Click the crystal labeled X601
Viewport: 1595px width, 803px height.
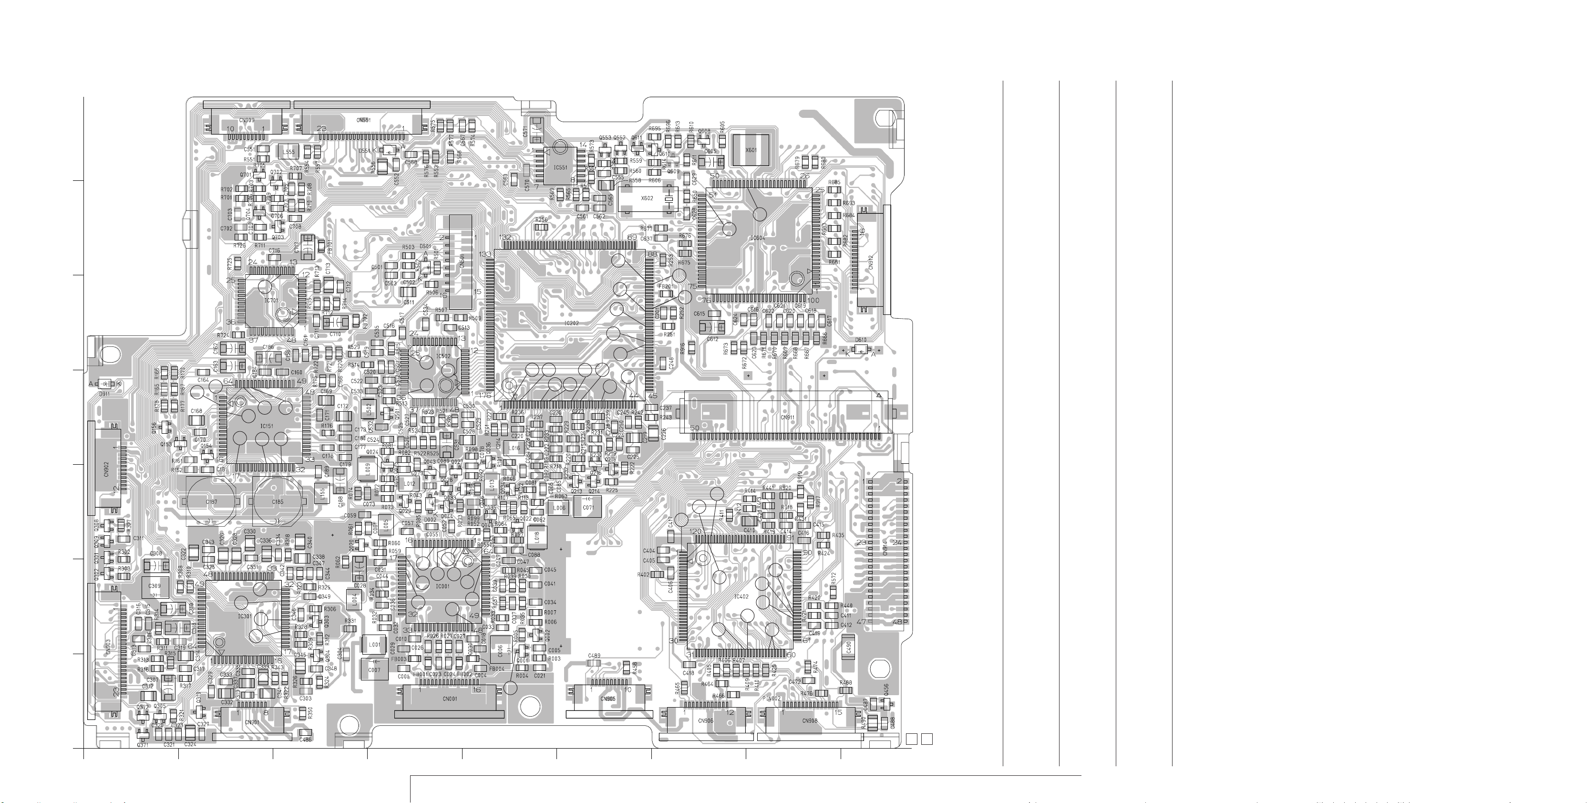pos(751,150)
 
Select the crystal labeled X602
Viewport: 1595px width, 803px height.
pos(647,198)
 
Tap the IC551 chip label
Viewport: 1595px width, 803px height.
pos(560,167)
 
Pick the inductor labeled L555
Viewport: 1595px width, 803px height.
pos(288,152)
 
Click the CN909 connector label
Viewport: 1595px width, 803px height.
pos(246,120)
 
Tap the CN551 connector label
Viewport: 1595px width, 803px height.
pos(363,120)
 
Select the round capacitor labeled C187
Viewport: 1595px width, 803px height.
pos(211,501)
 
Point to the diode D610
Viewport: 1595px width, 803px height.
pos(860,349)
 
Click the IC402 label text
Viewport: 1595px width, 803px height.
pos(741,597)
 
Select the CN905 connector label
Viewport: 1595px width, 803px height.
pos(608,699)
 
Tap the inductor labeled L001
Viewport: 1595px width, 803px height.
pos(374,645)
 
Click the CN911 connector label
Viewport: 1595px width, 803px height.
pos(788,417)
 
